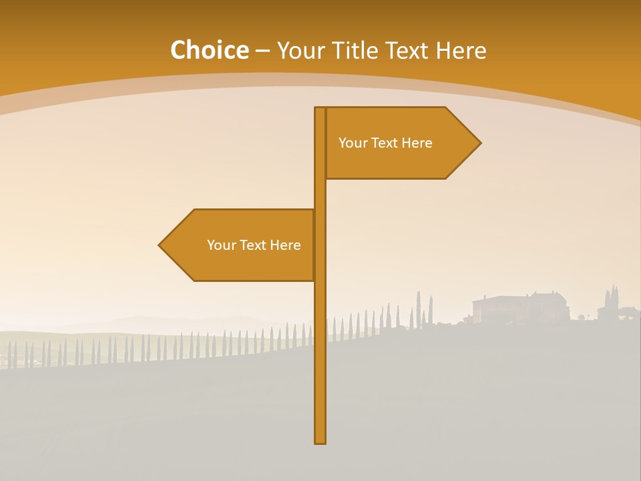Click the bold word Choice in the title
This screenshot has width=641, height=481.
(209, 51)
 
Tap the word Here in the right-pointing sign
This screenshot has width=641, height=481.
(417, 143)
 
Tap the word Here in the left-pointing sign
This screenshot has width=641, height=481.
(286, 245)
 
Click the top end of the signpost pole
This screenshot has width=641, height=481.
(320, 109)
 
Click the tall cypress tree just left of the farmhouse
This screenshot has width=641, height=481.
(431, 309)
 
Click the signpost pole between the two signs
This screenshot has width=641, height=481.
(320, 194)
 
